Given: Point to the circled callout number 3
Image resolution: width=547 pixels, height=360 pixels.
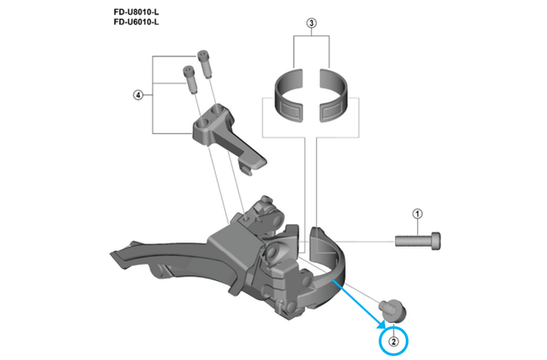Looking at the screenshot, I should click(311, 24).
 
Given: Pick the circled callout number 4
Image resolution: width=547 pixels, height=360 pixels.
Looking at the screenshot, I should click(137, 95).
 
